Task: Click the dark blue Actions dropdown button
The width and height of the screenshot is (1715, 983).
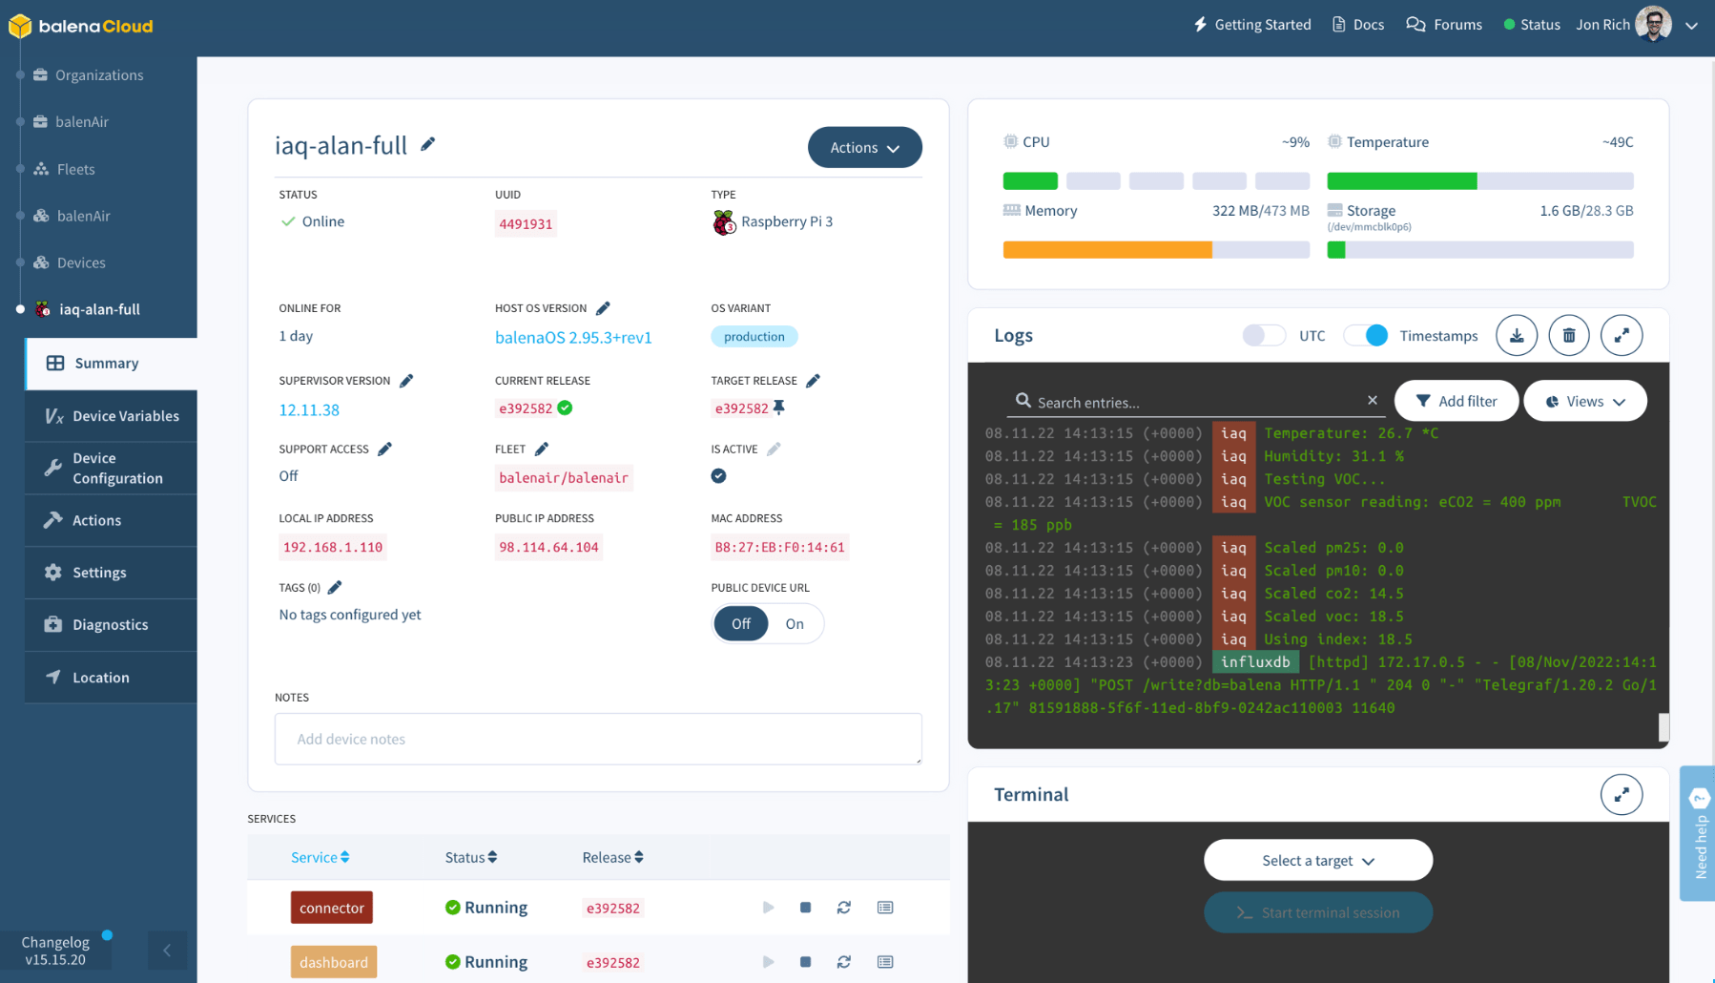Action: pyautogui.click(x=864, y=147)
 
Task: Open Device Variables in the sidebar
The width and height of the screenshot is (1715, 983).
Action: pyautogui.click(x=125, y=416)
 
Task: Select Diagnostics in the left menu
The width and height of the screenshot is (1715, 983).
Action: pyautogui.click(x=110, y=624)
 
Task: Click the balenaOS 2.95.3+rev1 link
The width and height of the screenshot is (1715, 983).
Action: pyautogui.click(x=572, y=337)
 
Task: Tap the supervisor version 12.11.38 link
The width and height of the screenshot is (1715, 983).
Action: pyautogui.click(x=308, y=409)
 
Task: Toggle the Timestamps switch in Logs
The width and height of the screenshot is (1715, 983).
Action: pyautogui.click(x=1366, y=335)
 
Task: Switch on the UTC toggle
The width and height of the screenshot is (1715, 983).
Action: pyautogui.click(x=1264, y=335)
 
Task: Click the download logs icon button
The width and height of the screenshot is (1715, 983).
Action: pyautogui.click(x=1516, y=335)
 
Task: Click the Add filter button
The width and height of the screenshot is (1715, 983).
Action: pyautogui.click(x=1456, y=401)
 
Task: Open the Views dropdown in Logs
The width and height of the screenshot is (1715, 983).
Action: pyautogui.click(x=1584, y=401)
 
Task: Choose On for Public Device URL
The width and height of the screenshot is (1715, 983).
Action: pyautogui.click(x=795, y=624)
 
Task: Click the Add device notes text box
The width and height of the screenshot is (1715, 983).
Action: pyautogui.click(x=598, y=739)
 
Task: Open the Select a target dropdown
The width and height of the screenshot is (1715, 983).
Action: pyautogui.click(x=1317, y=860)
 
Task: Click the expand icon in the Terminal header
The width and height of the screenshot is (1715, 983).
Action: pyautogui.click(x=1621, y=794)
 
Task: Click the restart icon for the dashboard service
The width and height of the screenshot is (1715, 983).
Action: pyautogui.click(x=844, y=962)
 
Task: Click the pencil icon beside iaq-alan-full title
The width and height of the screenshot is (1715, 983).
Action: pyautogui.click(x=428, y=144)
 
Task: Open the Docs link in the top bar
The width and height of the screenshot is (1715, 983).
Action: pyautogui.click(x=1358, y=25)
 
